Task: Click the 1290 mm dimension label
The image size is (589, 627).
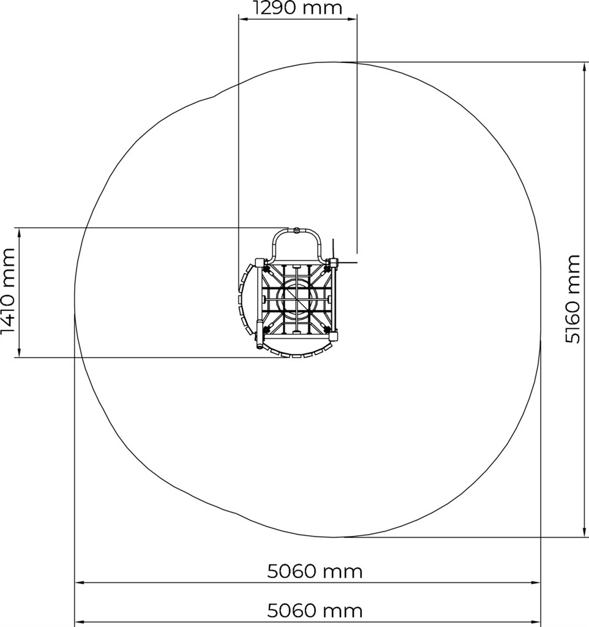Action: (x=298, y=7)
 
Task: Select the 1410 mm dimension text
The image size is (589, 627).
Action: (x=8, y=291)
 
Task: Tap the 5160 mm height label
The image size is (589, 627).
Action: (x=572, y=299)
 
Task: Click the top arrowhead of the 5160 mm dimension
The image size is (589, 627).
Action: (x=586, y=68)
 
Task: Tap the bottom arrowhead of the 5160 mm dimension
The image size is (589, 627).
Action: (x=586, y=531)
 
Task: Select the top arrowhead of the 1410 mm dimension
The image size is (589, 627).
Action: (x=19, y=233)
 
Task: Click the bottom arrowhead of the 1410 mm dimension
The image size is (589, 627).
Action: (x=19, y=351)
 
